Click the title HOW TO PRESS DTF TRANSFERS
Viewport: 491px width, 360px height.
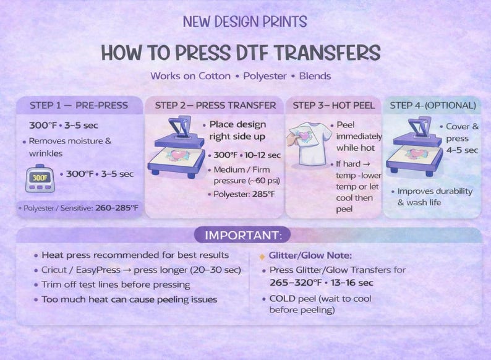[x=241, y=53]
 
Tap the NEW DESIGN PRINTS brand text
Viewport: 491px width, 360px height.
[x=245, y=22]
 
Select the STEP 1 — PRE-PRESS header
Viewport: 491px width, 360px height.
[x=79, y=105]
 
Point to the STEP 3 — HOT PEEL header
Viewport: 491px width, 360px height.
[x=334, y=105]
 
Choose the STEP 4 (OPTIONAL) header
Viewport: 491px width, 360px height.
[x=432, y=105]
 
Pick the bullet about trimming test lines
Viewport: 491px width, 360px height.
[x=116, y=285]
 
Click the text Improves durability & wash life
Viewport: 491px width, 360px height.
[x=435, y=197]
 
